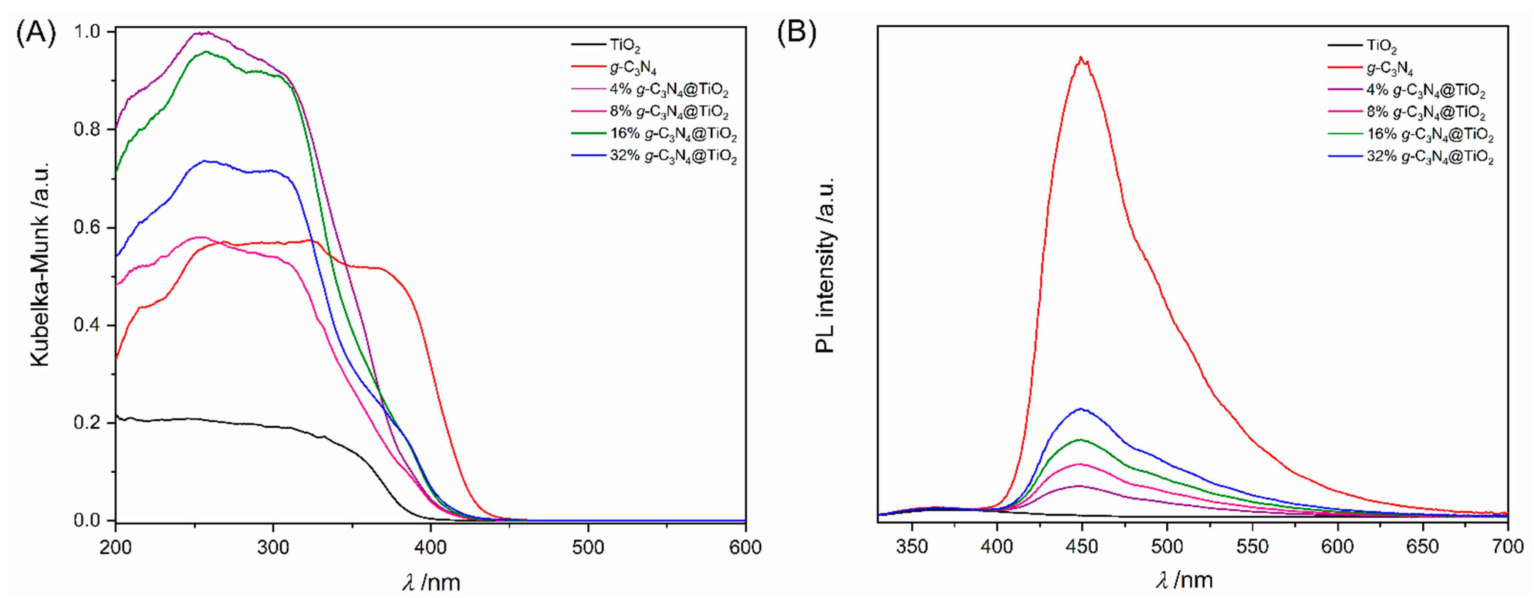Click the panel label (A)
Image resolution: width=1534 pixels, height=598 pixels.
(x=36, y=33)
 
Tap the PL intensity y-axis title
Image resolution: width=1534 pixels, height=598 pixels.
(x=825, y=266)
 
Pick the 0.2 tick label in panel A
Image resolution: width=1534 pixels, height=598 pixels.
(x=88, y=423)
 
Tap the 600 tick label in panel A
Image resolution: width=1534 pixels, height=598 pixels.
(x=745, y=547)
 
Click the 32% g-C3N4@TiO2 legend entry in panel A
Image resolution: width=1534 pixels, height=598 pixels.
(x=673, y=157)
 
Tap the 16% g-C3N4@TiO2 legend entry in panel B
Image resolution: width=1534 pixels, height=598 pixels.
(x=1430, y=135)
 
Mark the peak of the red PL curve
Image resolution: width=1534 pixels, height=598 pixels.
(x=1080, y=58)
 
